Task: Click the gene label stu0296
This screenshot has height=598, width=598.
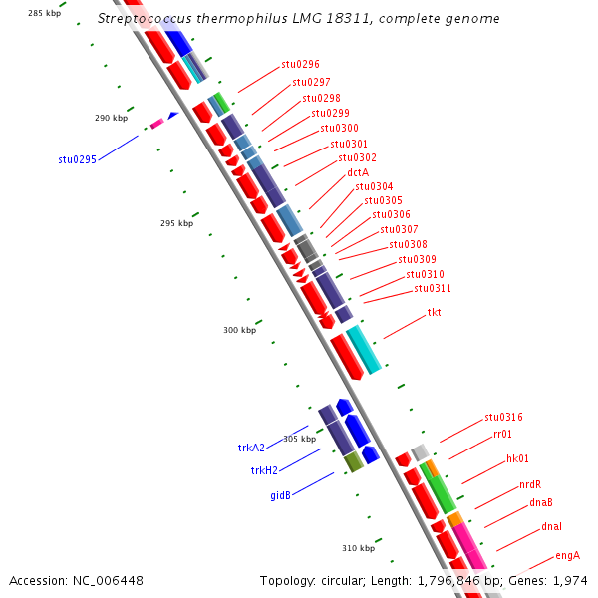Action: click(300, 65)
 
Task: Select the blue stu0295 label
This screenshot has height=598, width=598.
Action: click(77, 159)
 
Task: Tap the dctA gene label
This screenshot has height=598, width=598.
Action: click(358, 172)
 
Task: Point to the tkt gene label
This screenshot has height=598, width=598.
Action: click(434, 313)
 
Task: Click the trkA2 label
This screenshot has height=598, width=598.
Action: click(251, 448)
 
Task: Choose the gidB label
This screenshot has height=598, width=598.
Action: click(280, 495)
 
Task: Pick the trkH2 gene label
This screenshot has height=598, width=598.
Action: click(264, 470)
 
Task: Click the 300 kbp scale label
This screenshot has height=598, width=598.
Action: click(239, 330)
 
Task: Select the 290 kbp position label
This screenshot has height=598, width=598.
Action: click(111, 118)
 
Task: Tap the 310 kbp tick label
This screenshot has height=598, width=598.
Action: click(358, 548)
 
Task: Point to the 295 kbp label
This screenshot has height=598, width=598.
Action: click(176, 223)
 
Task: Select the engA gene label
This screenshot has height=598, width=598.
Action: click(567, 555)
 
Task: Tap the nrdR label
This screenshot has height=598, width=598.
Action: click(530, 484)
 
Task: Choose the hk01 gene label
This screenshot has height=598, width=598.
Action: click(517, 458)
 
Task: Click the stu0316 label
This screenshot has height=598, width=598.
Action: click(503, 417)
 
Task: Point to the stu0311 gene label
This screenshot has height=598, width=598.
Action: click(433, 289)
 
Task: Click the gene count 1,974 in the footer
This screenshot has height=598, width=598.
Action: click(570, 580)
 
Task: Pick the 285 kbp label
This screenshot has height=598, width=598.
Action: click(45, 13)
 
